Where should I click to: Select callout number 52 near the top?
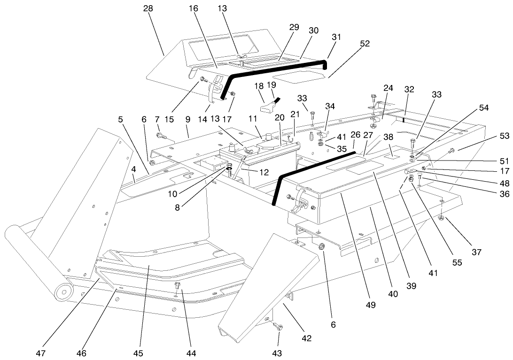[x=365, y=44]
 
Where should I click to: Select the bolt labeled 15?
[x=203, y=79]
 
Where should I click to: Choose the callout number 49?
[x=371, y=305]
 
